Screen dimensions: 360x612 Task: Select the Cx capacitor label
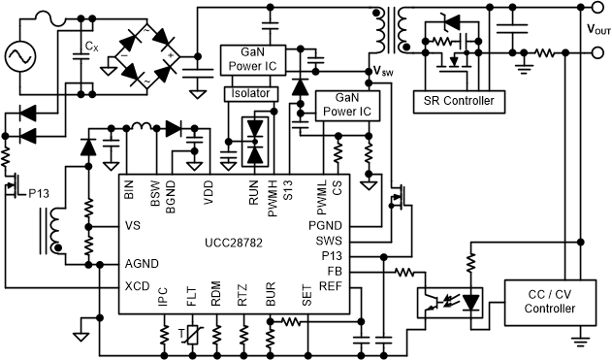pyautogui.click(x=90, y=47)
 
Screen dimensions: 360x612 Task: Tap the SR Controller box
pyautogui.click(x=453, y=101)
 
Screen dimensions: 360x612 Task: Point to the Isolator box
pyautogui.click(x=251, y=94)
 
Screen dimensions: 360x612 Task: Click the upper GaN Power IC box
pyautogui.click(x=252, y=60)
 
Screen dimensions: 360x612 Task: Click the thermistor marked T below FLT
pyautogui.click(x=193, y=335)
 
